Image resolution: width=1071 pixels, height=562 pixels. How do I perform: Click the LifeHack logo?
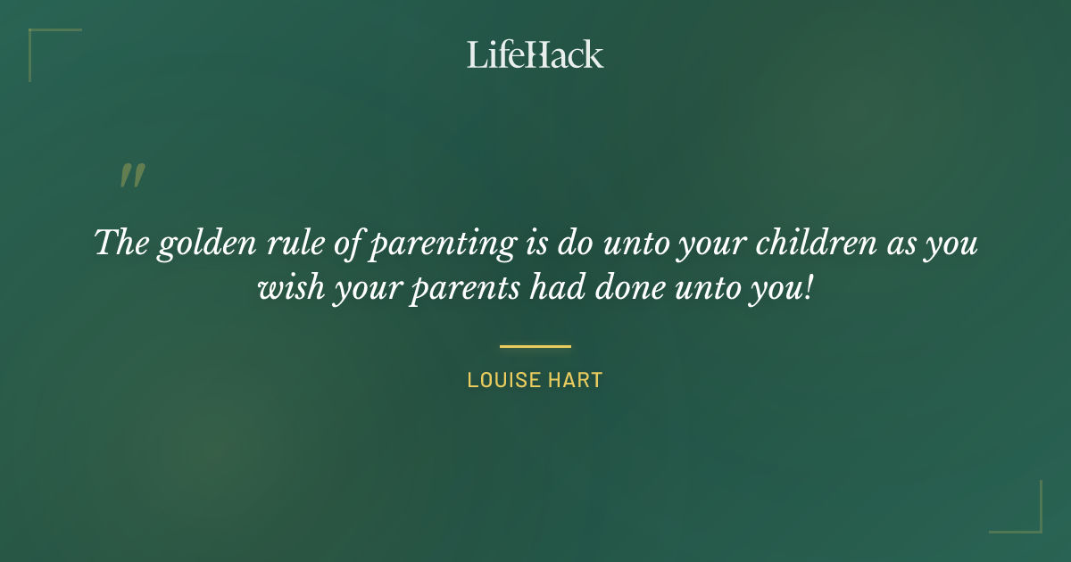tap(535, 54)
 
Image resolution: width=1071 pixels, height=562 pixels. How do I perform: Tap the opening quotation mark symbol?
tap(131, 177)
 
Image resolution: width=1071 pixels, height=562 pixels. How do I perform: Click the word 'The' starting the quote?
tap(120, 244)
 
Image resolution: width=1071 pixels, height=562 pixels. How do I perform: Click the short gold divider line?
tap(535, 346)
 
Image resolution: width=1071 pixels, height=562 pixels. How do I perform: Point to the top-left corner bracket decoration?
tap(40, 40)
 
